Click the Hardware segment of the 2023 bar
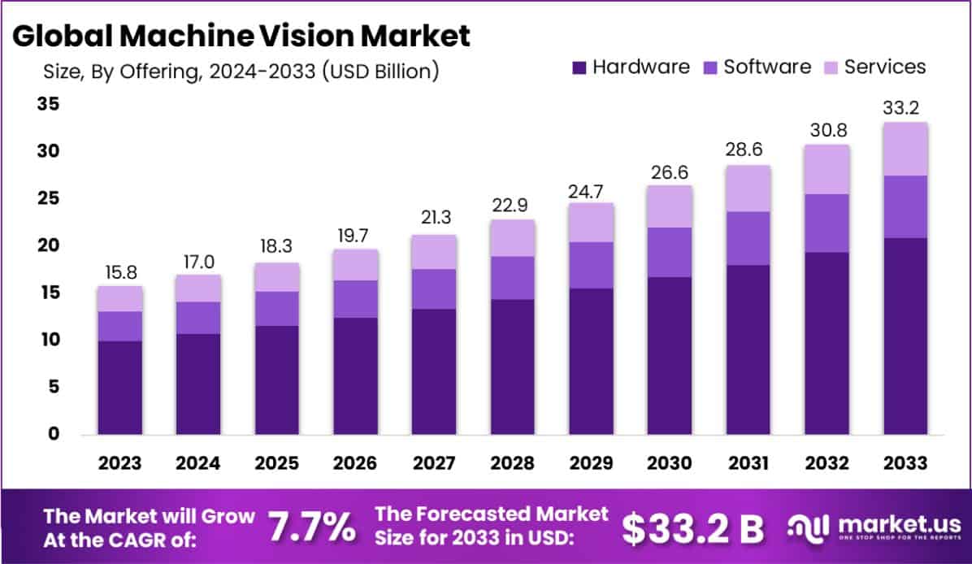[x=119, y=388]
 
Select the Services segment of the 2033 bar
[x=905, y=149]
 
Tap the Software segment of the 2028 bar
[x=513, y=278]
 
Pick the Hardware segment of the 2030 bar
[x=670, y=356]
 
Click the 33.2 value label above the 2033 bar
[x=905, y=108]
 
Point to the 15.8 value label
[x=119, y=271]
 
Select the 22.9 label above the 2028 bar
[x=513, y=205]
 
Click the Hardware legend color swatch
[x=579, y=67]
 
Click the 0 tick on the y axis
[x=52, y=434]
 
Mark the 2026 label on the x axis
[x=355, y=463]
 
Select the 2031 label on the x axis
[x=749, y=463]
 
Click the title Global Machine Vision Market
[x=242, y=36]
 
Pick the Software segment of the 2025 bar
[x=277, y=309]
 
